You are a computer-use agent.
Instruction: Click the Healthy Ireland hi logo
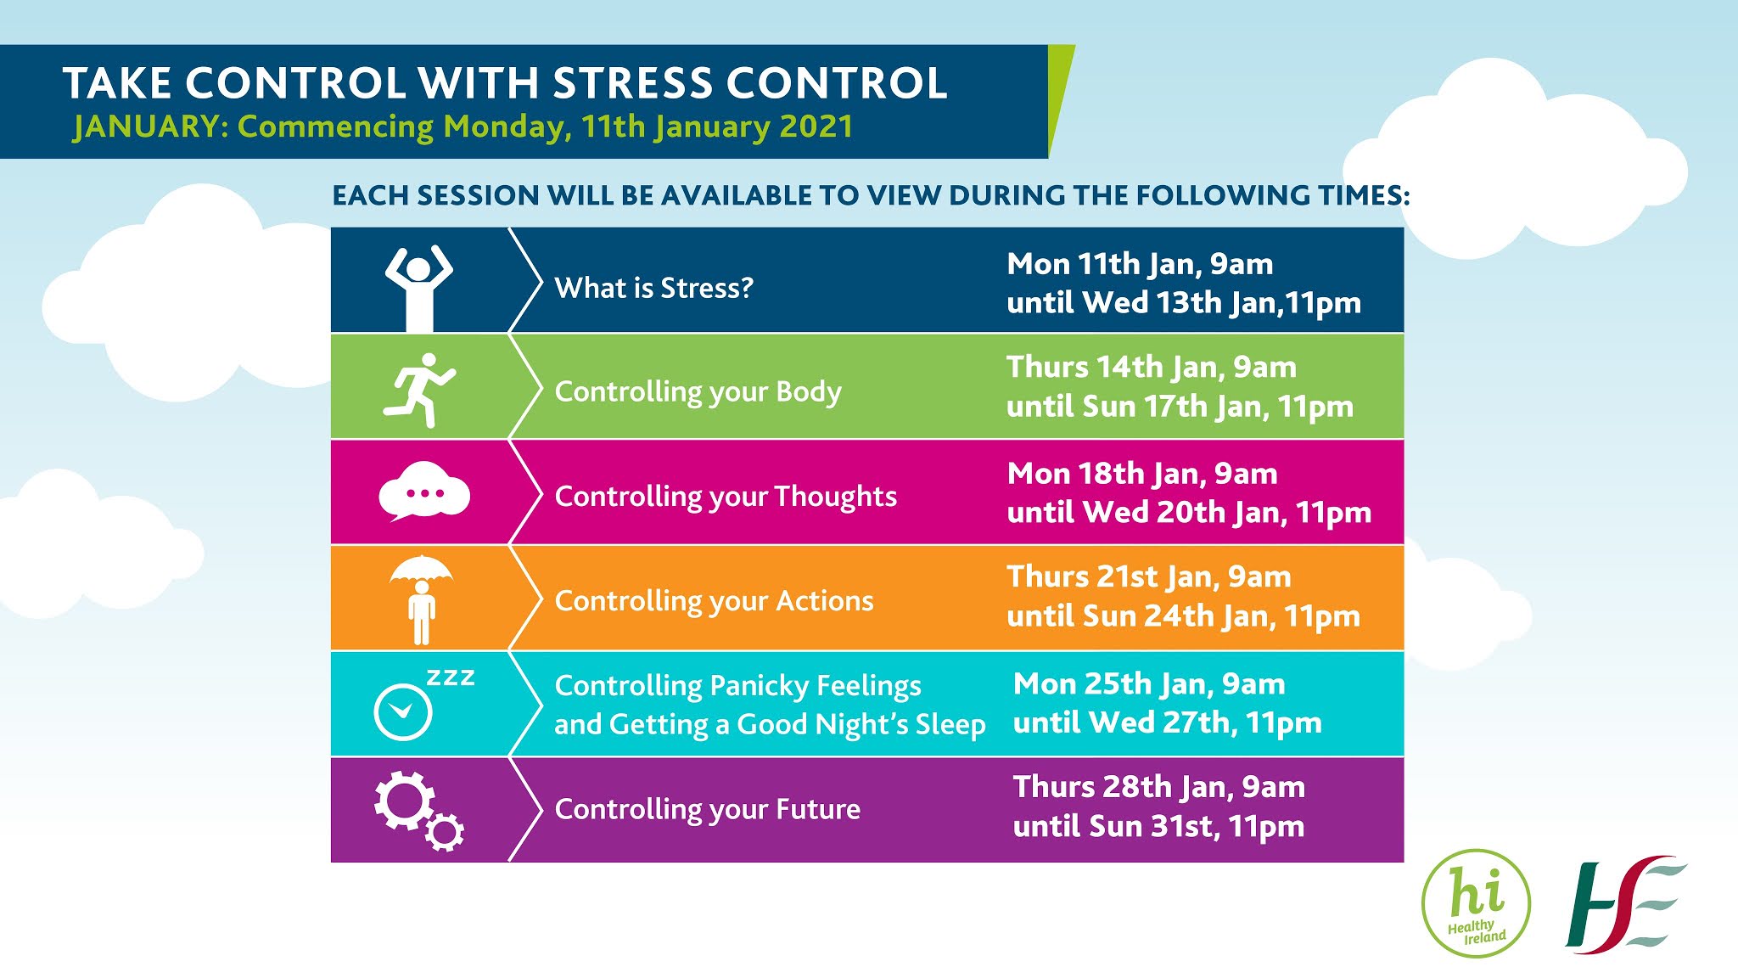(1476, 903)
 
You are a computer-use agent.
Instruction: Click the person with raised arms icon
(419, 287)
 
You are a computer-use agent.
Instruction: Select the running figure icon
(419, 390)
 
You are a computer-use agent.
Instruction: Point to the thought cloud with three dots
(424, 491)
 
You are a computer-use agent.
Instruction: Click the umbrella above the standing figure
(421, 568)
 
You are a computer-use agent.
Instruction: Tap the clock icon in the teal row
(403, 711)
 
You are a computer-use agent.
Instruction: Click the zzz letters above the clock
(451, 677)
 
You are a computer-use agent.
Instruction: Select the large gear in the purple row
(403, 801)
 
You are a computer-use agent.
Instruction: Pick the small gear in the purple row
(445, 832)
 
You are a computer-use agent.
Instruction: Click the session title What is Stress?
(653, 288)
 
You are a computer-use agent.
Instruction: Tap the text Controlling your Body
(698, 391)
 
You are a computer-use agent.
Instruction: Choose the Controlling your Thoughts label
(726, 496)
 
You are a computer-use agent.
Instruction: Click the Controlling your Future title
(707, 809)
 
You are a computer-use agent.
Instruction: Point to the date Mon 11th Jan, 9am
(1140, 264)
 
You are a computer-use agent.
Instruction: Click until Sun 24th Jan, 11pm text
(1183, 615)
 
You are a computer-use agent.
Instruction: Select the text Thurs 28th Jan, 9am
(1158, 787)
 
